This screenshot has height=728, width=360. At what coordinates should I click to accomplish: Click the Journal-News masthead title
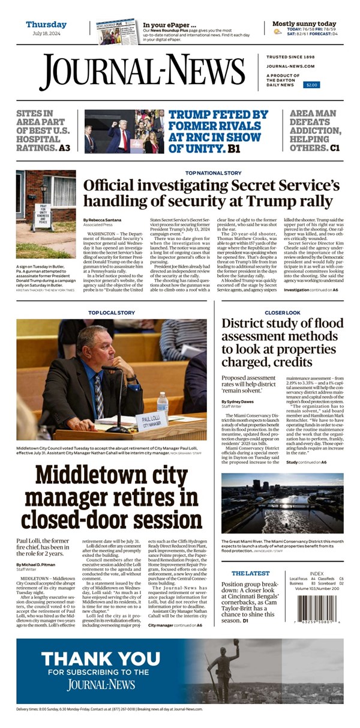pos(151,73)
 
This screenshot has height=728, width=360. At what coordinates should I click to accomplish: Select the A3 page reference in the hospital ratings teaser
pos(69,148)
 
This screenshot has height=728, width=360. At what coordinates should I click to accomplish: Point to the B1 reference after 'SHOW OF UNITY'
pos(234,148)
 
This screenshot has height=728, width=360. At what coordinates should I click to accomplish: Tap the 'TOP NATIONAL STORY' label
pos(213,173)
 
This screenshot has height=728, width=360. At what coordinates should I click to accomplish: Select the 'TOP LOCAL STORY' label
pos(112,313)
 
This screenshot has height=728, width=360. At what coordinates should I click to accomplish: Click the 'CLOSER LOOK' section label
pos(283,313)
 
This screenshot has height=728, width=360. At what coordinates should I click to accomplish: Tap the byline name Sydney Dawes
pos(238,401)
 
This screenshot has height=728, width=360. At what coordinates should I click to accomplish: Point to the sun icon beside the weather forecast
pos(277,31)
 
